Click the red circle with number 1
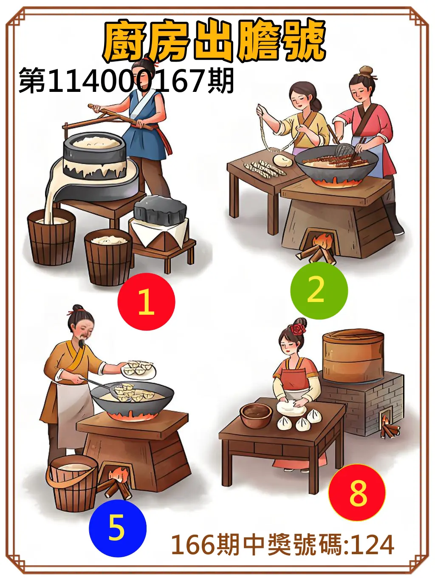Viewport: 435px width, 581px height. pyautogui.click(x=146, y=302)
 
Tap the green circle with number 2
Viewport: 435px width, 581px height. pyautogui.click(x=319, y=290)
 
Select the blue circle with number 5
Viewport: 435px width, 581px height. pyautogui.click(x=117, y=528)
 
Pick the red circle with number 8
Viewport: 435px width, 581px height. pyautogui.click(x=357, y=493)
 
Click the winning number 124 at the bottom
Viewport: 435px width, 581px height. pyautogui.click(x=373, y=545)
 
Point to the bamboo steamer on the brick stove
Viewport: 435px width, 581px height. pyautogui.click(x=353, y=356)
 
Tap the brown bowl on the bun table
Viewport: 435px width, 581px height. pyautogui.click(x=256, y=415)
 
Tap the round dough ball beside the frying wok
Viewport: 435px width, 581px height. pyautogui.click(x=282, y=160)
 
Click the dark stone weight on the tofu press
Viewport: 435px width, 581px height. pyautogui.click(x=161, y=210)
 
